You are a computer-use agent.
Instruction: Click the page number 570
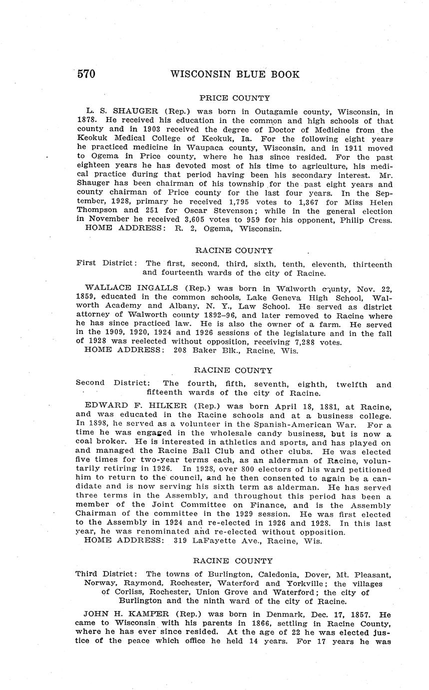pyautogui.click(x=86, y=74)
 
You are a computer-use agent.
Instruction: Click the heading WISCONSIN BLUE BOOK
pyautogui.click(x=235, y=74)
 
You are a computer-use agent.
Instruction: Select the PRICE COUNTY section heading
pyautogui.click(x=235, y=98)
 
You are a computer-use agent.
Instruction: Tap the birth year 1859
pyautogui.click(x=85, y=297)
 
